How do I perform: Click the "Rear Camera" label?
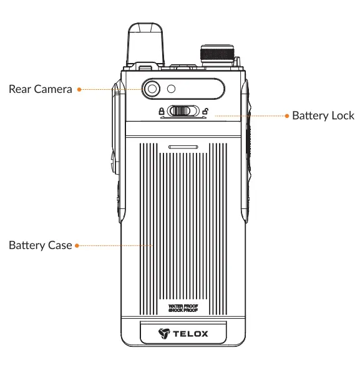coord(40,89)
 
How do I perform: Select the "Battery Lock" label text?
coord(323,115)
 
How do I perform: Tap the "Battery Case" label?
coord(40,245)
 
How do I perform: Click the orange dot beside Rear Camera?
coord(79,90)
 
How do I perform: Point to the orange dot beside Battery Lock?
coord(286,116)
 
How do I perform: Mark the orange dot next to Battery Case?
coord(77,246)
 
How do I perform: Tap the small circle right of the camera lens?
coord(170,89)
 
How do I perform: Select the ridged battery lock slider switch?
coord(182,111)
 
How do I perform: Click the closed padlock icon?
coord(162,111)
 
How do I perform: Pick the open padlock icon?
coord(205,111)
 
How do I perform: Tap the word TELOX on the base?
coord(191,334)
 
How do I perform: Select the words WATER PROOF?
coord(182,305)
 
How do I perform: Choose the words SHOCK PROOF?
coord(182,310)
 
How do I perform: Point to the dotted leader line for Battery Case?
coord(115,246)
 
